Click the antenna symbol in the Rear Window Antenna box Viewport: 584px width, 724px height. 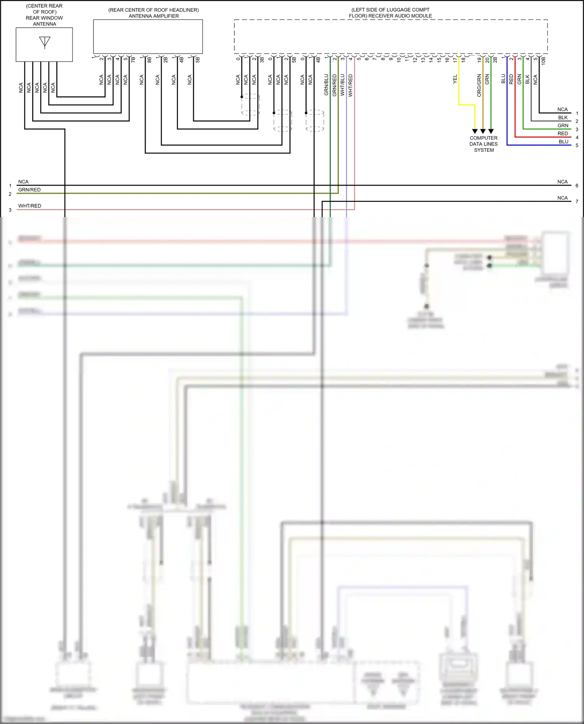45,42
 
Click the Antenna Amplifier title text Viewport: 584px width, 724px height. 153,13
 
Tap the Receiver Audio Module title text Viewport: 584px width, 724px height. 390,13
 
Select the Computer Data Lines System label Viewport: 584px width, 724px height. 484,144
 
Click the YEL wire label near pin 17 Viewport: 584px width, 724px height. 455,79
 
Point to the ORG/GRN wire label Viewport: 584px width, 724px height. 479,85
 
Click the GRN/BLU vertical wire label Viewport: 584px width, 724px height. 326,85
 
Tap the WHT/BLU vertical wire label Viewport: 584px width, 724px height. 342,85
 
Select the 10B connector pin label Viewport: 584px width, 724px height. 544,60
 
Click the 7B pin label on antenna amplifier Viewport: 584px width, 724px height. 133,60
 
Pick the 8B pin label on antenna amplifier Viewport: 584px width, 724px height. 149,60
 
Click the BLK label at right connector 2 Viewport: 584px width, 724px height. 563,117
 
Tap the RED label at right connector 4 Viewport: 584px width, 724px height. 563,133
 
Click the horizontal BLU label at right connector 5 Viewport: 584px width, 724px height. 563,142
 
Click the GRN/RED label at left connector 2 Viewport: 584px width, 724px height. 29,190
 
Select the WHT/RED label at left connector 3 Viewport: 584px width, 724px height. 30,206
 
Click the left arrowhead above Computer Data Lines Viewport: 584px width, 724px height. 475,131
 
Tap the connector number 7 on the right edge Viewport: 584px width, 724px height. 577,202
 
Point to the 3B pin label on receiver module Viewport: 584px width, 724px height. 262,60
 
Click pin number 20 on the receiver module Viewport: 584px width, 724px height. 487,60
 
